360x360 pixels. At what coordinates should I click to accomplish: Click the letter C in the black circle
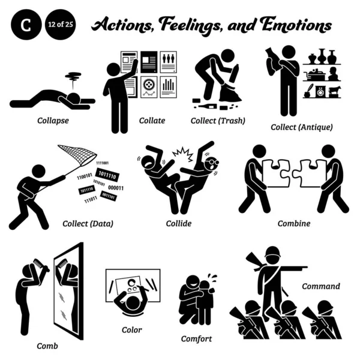[26, 25]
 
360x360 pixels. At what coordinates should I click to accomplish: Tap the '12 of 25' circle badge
[61, 25]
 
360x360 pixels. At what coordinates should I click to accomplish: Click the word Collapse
[53, 121]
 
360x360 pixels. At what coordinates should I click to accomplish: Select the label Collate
[152, 121]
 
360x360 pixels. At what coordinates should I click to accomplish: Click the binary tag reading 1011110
[107, 175]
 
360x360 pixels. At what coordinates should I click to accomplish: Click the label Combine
[294, 223]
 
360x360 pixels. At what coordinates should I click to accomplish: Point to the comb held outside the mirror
[41, 266]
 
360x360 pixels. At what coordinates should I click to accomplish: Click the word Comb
[47, 346]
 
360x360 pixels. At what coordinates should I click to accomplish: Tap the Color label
[131, 330]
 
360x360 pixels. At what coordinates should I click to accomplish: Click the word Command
[321, 286]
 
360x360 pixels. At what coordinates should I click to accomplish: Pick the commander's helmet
[273, 252]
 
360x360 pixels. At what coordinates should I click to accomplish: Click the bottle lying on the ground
[207, 106]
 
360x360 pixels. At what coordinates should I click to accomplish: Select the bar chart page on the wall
[168, 87]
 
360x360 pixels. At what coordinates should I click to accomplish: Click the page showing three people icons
[168, 62]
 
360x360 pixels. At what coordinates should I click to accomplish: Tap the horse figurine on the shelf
[335, 91]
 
